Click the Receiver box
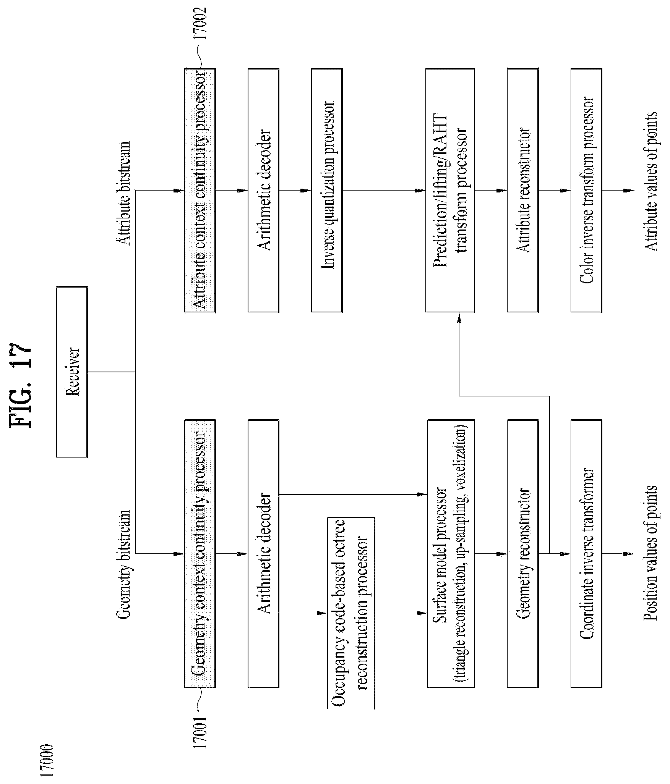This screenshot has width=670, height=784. click(x=72, y=372)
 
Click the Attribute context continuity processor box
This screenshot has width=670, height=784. click(x=200, y=190)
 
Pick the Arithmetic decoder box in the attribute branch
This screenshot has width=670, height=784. click(x=263, y=190)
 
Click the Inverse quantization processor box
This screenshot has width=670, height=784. click(x=327, y=190)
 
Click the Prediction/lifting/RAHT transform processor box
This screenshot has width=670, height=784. click(x=450, y=190)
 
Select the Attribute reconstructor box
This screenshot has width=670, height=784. click(x=522, y=190)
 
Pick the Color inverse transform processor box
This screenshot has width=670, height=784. click(x=586, y=190)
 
